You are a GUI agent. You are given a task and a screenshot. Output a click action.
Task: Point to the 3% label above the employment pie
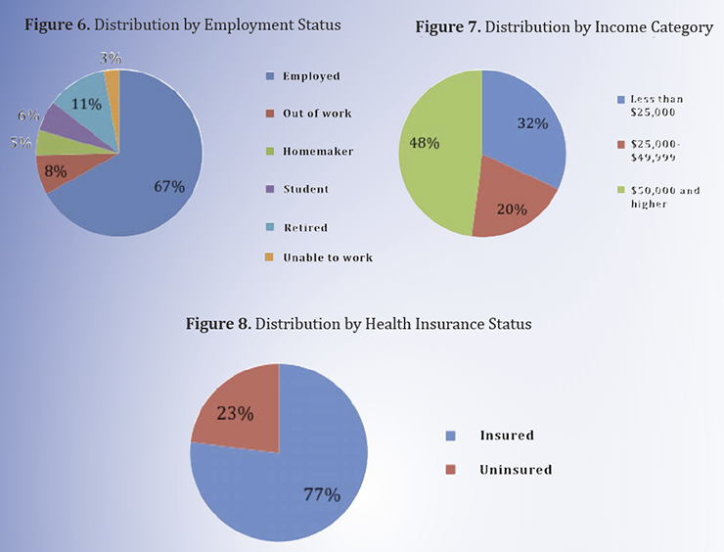(x=110, y=59)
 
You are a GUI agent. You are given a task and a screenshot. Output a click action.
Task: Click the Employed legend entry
(x=304, y=76)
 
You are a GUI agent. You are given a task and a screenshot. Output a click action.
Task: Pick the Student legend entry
(x=304, y=188)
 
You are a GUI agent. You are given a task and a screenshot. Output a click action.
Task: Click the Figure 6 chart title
(x=182, y=24)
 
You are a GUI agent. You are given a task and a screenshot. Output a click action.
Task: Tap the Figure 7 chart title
(x=565, y=28)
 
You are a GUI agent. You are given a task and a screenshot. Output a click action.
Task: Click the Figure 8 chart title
(x=358, y=324)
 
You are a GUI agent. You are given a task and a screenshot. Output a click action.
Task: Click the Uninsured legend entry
(x=515, y=470)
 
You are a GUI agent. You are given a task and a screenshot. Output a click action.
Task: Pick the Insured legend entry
(x=506, y=435)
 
